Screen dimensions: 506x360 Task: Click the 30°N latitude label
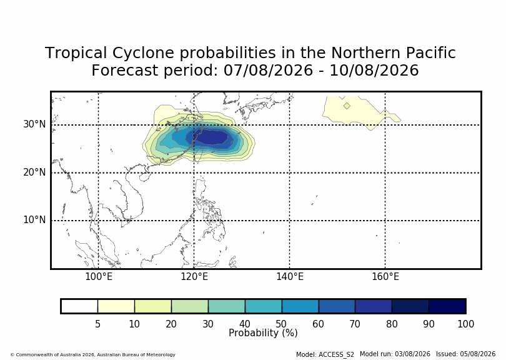click(34, 124)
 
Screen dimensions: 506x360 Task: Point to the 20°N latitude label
click(34, 172)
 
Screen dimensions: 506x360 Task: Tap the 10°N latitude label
click(34, 220)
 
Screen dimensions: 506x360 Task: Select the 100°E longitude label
click(99, 277)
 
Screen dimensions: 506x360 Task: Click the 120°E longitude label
click(194, 277)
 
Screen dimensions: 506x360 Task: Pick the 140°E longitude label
click(290, 277)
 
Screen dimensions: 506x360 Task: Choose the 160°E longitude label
click(385, 277)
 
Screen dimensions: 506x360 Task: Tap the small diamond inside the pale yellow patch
click(347, 106)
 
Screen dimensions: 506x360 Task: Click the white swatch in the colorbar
click(79, 306)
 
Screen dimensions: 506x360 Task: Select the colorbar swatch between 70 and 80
click(374, 306)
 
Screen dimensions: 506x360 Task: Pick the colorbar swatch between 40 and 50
click(264, 306)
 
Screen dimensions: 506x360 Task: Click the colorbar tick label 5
click(98, 324)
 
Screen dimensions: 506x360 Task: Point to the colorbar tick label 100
click(465, 324)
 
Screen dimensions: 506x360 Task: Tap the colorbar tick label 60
click(318, 324)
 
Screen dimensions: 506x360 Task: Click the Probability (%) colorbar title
click(263, 333)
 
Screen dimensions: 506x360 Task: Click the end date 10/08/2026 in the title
click(374, 71)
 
